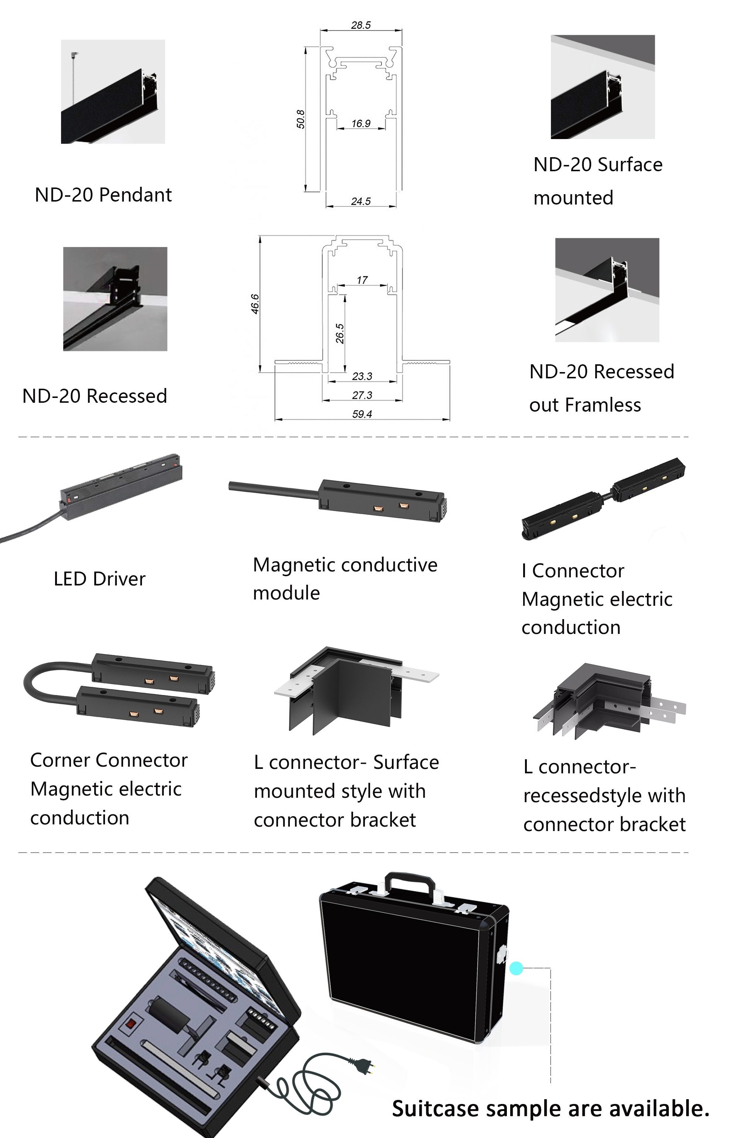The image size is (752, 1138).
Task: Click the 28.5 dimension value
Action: (360, 25)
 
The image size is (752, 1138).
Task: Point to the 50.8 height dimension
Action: (301, 119)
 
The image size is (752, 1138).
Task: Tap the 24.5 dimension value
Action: (360, 202)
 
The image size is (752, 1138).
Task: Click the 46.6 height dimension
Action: (255, 304)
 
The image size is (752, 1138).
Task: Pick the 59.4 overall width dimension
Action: (362, 414)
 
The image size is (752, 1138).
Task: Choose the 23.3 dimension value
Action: (362, 376)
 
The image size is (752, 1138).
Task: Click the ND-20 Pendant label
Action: (103, 195)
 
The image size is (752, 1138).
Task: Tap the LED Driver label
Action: (99, 579)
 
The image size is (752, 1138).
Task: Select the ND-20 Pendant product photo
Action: (113, 92)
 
